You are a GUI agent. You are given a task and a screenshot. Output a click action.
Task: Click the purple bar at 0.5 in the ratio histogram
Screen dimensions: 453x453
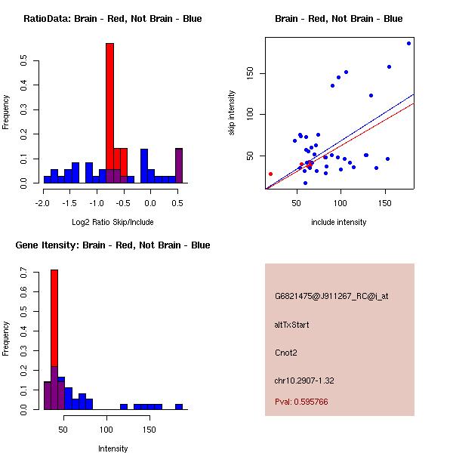tap(179, 166)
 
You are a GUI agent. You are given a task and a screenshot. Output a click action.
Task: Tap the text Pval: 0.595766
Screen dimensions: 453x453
tap(300, 402)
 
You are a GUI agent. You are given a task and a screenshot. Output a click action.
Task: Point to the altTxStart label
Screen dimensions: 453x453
tap(291, 325)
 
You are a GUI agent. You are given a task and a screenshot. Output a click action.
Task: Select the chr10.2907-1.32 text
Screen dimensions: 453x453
tap(304, 380)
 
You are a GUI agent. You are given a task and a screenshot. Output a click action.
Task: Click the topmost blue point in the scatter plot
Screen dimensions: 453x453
tap(408, 43)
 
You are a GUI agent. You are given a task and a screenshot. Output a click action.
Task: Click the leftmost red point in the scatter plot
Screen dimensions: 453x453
tap(270, 174)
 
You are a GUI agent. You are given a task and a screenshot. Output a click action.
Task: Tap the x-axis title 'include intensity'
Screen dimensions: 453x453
tap(339, 222)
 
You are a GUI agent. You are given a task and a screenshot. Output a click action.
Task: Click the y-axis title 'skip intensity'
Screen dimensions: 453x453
tap(232, 113)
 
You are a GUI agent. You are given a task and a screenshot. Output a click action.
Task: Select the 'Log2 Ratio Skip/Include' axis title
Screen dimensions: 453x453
tap(112, 222)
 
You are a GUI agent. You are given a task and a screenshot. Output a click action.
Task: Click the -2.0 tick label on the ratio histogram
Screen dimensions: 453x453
tap(44, 203)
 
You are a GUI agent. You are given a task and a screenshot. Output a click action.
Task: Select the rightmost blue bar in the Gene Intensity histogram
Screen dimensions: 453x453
tap(179, 407)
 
